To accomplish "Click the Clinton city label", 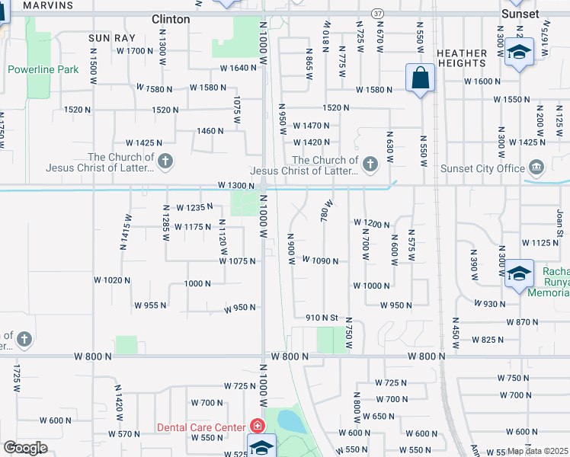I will tap(171, 19).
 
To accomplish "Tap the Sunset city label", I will tap(520, 14).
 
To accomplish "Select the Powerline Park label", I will tap(43, 69).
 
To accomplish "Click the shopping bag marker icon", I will tap(420, 78).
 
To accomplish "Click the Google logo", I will tap(25, 448).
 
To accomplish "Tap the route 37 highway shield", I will tap(379, 14).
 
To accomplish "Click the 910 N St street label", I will tap(322, 317).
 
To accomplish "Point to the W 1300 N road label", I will tap(235, 185).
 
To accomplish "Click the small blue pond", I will tap(290, 420).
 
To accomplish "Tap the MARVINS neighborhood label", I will tap(49, 5).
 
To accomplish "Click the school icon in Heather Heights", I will tap(519, 53).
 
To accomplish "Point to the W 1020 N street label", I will tap(112, 280).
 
